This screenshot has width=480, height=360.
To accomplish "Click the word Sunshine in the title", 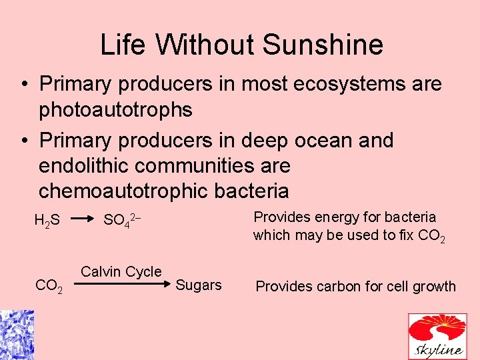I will tap(323, 45).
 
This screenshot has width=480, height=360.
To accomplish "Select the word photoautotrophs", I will tap(115, 109).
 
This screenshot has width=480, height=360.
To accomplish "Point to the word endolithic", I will tap(88, 165).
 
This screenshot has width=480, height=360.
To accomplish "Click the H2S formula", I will tap(47, 221).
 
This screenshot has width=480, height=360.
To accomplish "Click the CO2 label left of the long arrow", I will tap(49, 287).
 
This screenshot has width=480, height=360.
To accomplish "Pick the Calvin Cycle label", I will tap(121, 271).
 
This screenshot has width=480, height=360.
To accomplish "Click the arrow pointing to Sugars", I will tap(120, 284).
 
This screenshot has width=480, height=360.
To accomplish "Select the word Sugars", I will tap(198, 285).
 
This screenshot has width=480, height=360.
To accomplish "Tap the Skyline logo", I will tap(437, 336).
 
